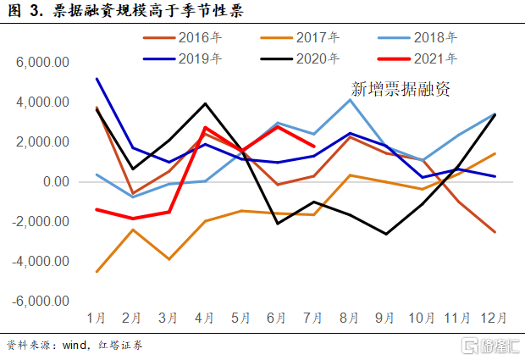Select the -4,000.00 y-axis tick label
pyautogui.click(x=38, y=262)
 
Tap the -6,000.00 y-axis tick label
pyautogui.click(x=38, y=302)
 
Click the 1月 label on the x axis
pyautogui.click(x=97, y=318)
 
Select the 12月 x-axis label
pyautogui.click(x=495, y=318)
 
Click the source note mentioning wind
pyautogui.click(x=75, y=346)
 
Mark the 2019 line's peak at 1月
pyautogui.click(x=97, y=79)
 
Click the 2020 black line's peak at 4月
pyautogui.click(x=206, y=103)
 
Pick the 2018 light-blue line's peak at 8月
pyautogui.click(x=351, y=100)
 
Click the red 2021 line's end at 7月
pyautogui.click(x=314, y=147)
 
